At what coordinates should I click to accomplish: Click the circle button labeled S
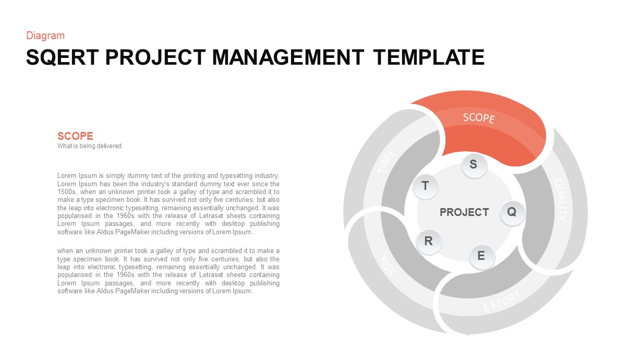[474, 165]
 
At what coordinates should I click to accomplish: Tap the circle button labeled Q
[512, 212]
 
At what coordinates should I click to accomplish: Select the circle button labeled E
[481, 256]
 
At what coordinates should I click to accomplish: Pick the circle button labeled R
[429, 242]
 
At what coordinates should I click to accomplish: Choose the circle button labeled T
[425, 186]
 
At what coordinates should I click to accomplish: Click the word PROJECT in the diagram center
[464, 212]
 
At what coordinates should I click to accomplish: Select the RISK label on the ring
[388, 267]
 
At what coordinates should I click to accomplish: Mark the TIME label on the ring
[387, 162]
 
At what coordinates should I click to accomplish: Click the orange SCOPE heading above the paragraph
[75, 136]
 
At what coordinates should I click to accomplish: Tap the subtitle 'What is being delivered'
[89, 146]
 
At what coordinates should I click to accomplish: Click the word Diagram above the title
[45, 35]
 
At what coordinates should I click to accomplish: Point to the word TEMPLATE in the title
[429, 57]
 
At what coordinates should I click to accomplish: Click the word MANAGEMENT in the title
[288, 57]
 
